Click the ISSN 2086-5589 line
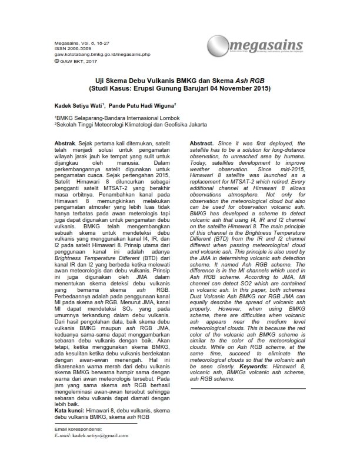pos(69,48)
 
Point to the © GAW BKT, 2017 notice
pos(74,59)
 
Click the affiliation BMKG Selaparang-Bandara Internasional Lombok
pos(111,118)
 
